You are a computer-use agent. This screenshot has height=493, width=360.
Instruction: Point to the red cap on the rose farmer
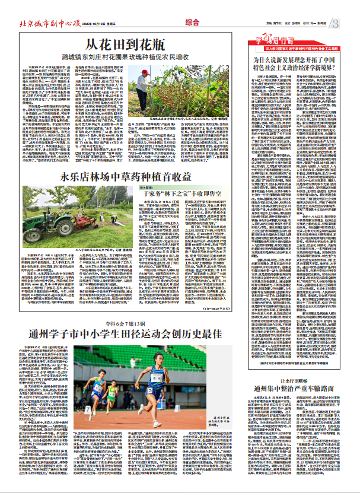click(x=145, y=72)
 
